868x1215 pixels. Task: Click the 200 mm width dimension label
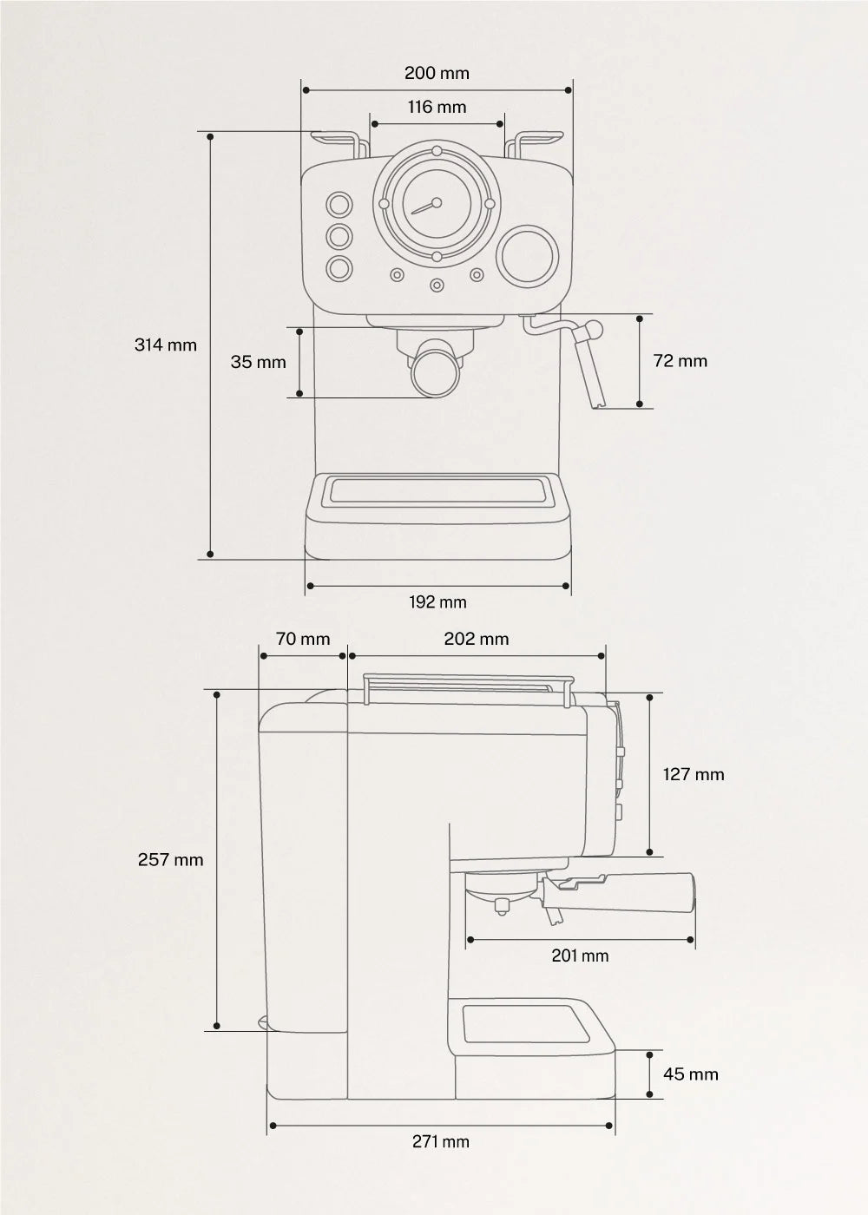click(x=437, y=73)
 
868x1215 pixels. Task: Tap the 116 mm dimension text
click(x=437, y=107)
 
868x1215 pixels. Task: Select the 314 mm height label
click(x=165, y=345)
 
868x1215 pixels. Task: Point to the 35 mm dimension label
click(x=258, y=362)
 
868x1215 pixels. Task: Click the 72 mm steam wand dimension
click(x=680, y=361)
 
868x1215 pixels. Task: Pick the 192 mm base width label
click(x=437, y=601)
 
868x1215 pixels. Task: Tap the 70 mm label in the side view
click(x=303, y=639)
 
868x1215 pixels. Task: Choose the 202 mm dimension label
click(x=476, y=639)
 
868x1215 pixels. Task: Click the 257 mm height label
click(x=170, y=860)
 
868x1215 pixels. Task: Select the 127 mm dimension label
click(x=693, y=774)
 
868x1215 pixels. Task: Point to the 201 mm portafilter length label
click(x=580, y=956)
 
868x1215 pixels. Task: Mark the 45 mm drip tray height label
click(x=690, y=1074)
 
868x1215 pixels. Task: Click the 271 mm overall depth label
click(x=440, y=1141)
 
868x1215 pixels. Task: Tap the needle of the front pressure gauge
click(x=424, y=207)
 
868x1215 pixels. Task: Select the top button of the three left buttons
click(x=338, y=205)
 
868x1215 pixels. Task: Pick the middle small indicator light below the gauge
click(x=437, y=285)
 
